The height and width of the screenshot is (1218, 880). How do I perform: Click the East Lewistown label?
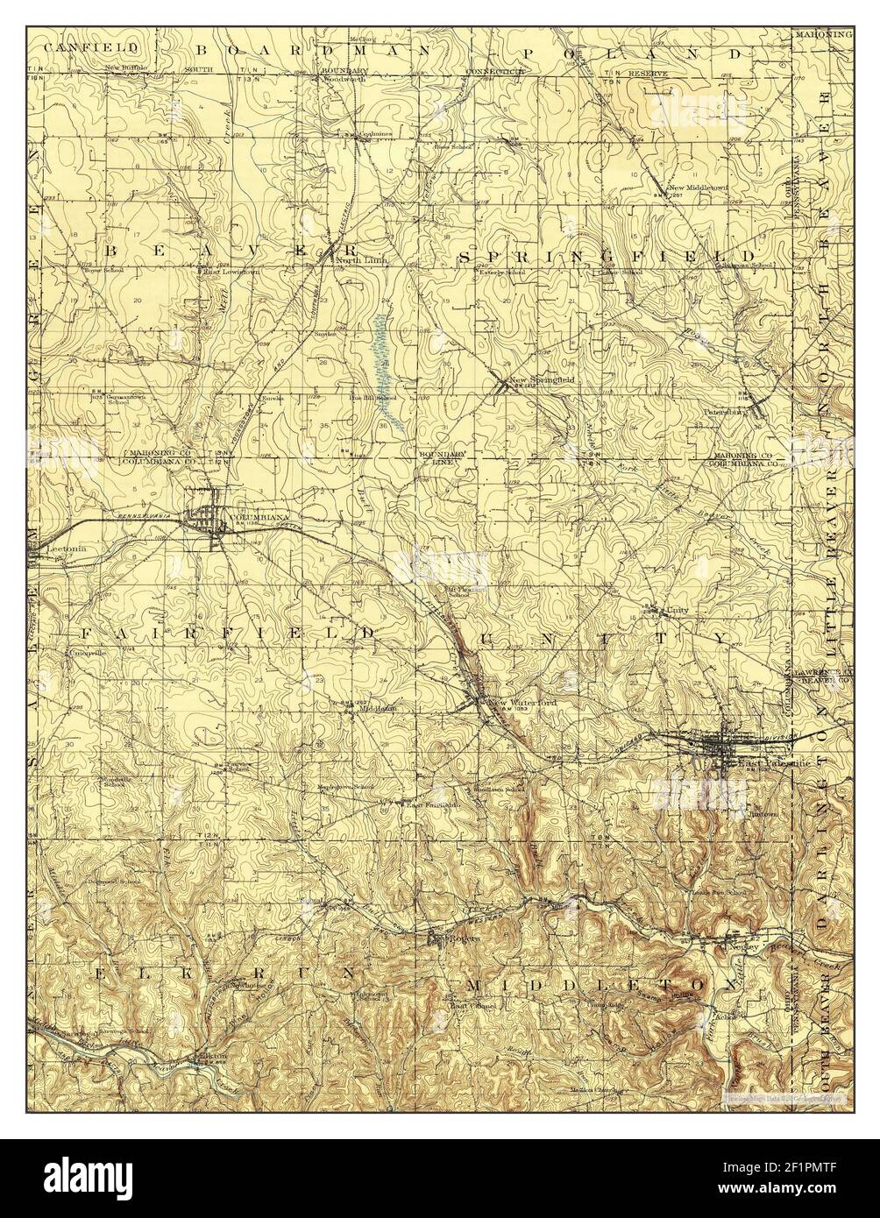tap(225, 272)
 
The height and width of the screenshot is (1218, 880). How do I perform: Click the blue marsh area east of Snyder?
tap(385, 368)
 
